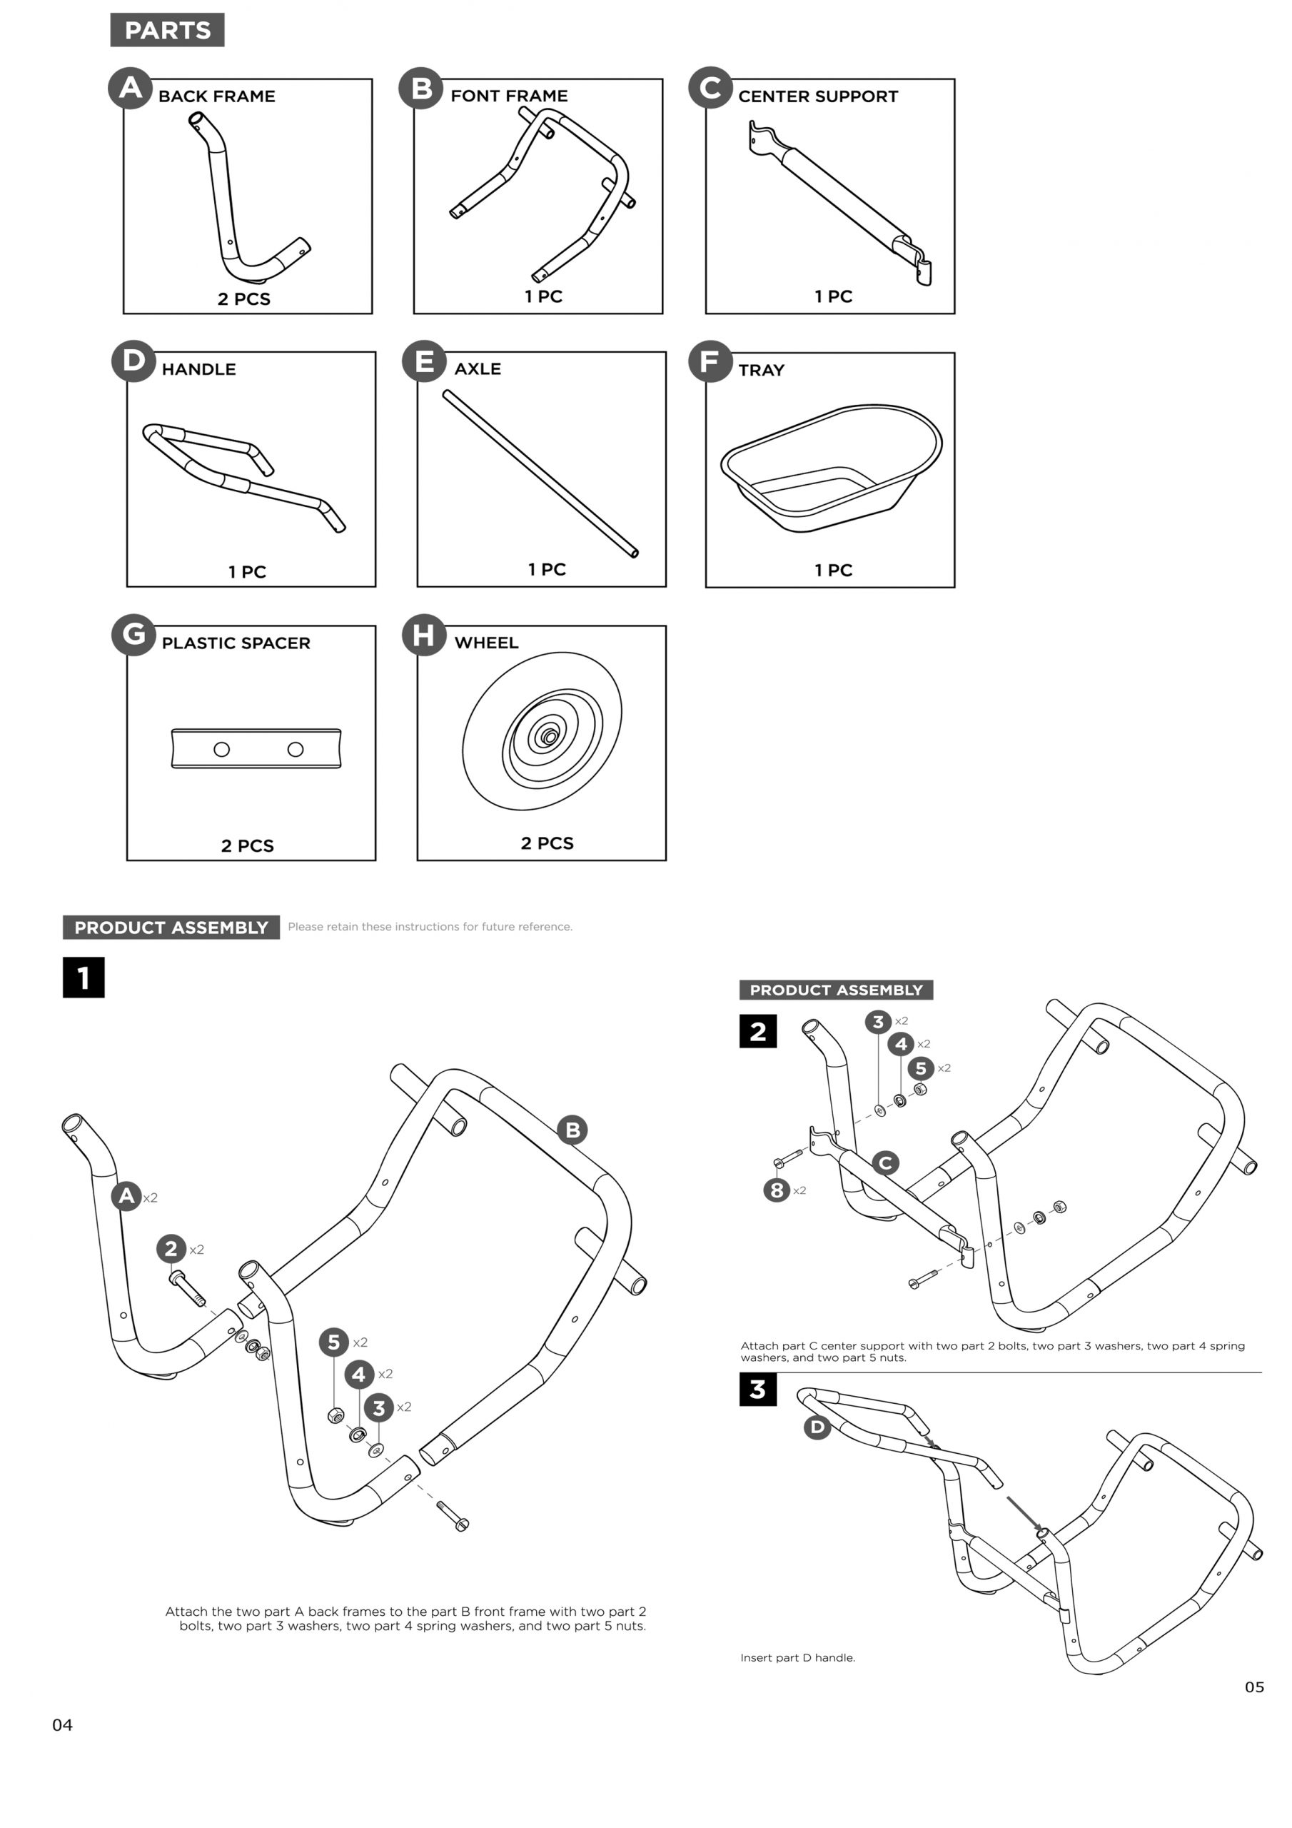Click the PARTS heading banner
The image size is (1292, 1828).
tap(167, 30)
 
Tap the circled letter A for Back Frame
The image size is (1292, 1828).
tap(130, 88)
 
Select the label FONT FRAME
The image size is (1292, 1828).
tap(509, 96)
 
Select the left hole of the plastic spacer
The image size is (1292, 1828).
tap(222, 749)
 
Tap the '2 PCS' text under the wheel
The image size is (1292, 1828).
tap(547, 843)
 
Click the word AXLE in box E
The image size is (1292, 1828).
tap(478, 369)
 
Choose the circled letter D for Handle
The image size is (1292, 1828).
tap(133, 361)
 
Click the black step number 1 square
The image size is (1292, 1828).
tap(84, 977)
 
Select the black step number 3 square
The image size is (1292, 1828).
tap(757, 1390)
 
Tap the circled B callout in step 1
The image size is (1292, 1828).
tap(572, 1130)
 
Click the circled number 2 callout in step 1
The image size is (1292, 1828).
tap(171, 1248)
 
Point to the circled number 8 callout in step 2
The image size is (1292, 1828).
tap(776, 1190)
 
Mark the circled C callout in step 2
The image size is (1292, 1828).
tap(885, 1163)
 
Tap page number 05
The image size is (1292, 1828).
tap(1253, 1687)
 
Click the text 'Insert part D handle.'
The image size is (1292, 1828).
tap(797, 1657)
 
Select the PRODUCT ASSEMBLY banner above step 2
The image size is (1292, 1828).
tap(836, 990)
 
